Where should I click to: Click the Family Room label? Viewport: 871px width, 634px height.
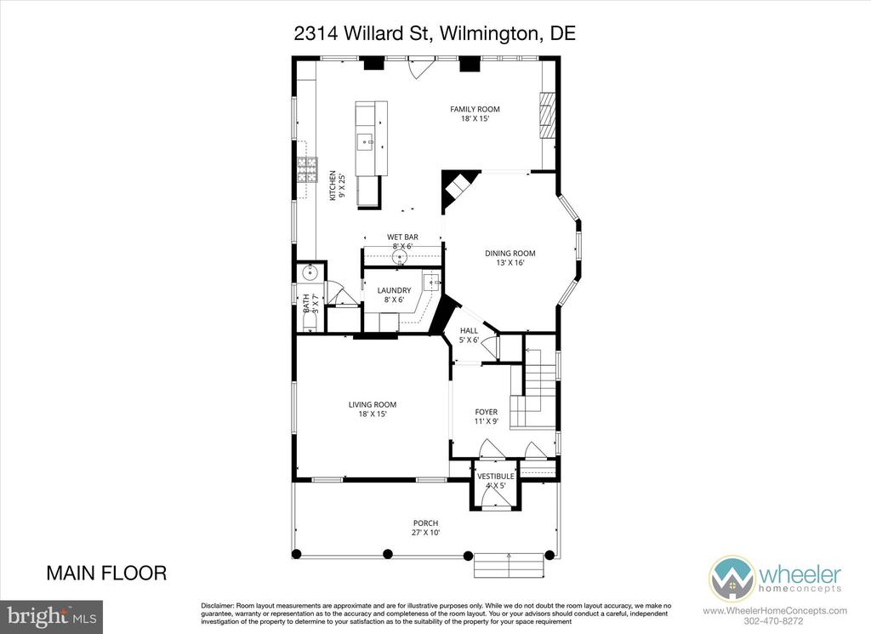point(475,113)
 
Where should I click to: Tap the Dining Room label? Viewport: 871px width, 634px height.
point(510,257)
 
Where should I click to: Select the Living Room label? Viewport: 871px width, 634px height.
point(373,409)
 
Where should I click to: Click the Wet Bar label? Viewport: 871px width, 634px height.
point(402,241)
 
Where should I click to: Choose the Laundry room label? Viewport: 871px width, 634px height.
point(394,294)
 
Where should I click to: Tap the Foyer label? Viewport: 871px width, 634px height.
point(486,416)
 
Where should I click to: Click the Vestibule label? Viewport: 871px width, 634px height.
point(496,481)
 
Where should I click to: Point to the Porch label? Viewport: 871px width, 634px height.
point(425,528)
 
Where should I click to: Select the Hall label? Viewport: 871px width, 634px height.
point(469,335)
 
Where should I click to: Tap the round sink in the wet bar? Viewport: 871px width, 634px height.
point(400,257)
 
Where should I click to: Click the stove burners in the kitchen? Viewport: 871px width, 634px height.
point(307,170)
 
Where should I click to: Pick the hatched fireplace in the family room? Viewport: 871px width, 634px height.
point(548,115)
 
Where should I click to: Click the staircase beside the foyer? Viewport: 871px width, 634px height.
point(533,388)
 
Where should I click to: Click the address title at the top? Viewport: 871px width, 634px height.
point(435,33)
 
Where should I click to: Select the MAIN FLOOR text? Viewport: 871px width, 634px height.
point(106,573)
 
